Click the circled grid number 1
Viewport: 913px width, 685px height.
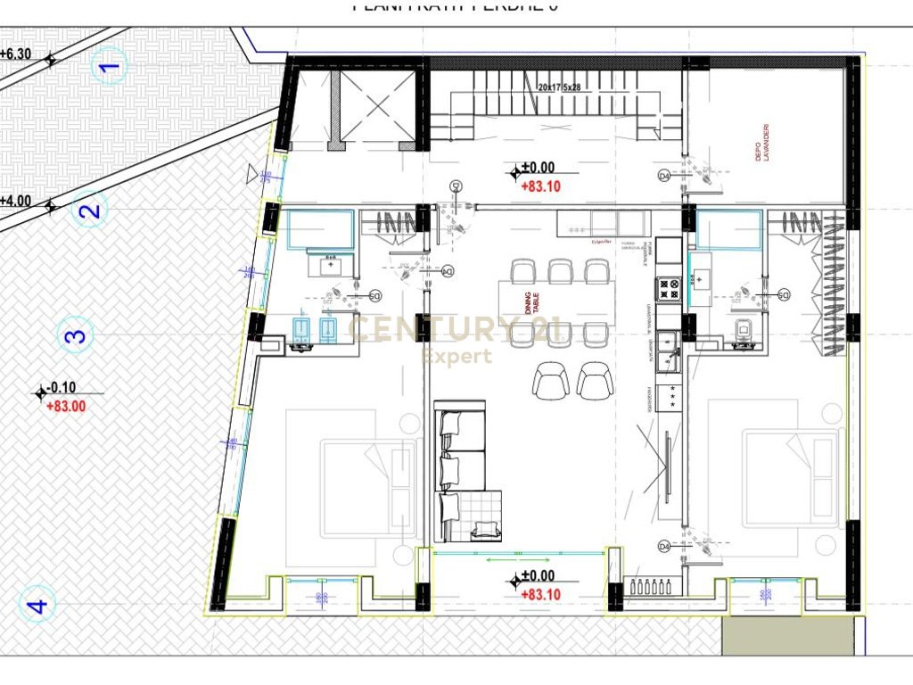(x=110, y=65)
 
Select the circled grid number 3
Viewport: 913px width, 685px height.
(x=76, y=336)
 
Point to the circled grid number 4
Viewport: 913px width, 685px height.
(x=37, y=606)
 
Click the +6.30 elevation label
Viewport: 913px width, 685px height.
(x=15, y=54)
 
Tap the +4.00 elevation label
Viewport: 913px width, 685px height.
(x=15, y=201)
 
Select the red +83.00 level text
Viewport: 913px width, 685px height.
(x=66, y=406)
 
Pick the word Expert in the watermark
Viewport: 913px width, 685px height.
(x=456, y=357)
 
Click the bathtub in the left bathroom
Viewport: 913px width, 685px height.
(x=319, y=229)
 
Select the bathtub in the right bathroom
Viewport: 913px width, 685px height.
(x=728, y=229)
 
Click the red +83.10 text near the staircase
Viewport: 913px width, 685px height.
(x=540, y=186)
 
